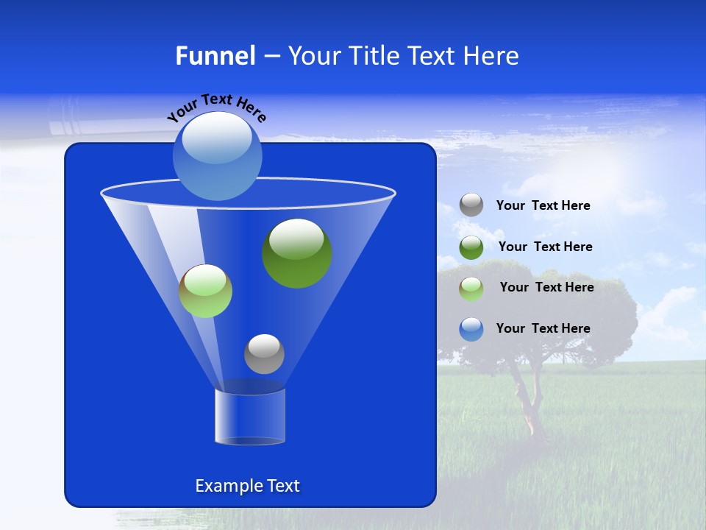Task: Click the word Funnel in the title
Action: click(x=215, y=56)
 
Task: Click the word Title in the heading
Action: click(x=374, y=56)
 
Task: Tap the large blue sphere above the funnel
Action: click(x=218, y=155)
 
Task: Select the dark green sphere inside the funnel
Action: click(x=297, y=253)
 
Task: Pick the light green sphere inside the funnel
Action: click(x=205, y=291)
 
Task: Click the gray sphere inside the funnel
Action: click(x=264, y=353)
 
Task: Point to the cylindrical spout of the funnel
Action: click(x=249, y=417)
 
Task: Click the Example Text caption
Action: click(x=247, y=486)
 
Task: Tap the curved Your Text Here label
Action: click(x=217, y=107)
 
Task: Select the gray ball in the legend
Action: click(x=471, y=205)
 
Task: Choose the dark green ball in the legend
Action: click(x=471, y=247)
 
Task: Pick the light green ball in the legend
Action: click(x=471, y=289)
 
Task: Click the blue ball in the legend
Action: click(x=471, y=329)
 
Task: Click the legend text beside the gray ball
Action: click(x=543, y=206)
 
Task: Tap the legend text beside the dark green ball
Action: click(x=545, y=247)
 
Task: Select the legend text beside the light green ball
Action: click(x=546, y=288)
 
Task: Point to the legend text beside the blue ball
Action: click(x=543, y=328)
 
